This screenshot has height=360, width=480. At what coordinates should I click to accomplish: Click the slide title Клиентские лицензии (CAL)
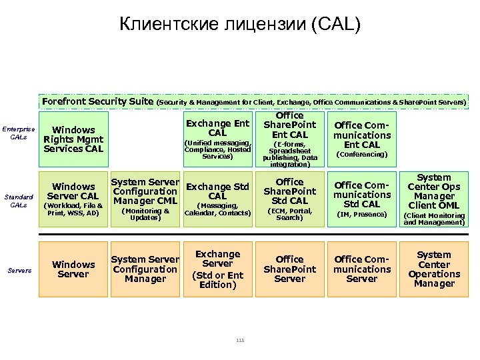[x=240, y=25]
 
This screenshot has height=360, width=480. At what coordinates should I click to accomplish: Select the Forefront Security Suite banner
[x=254, y=102]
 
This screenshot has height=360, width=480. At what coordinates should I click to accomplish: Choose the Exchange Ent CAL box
[x=217, y=139]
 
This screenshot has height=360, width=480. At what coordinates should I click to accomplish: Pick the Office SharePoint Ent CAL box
[x=289, y=139]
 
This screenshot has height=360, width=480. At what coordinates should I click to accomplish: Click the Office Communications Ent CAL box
[x=361, y=139]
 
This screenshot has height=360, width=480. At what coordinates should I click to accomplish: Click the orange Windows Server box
[x=73, y=269]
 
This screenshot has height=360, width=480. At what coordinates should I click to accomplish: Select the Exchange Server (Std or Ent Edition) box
[x=217, y=269]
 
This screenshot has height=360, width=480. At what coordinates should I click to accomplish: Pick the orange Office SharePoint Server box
[x=289, y=269]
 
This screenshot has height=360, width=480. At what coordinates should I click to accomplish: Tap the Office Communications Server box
[x=361, y=269]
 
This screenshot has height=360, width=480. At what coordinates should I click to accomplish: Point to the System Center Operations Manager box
[x=434, y=269]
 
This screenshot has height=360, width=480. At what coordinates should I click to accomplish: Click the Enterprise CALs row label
[x=18, y=133]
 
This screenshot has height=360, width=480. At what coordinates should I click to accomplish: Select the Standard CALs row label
[x=18, y=201]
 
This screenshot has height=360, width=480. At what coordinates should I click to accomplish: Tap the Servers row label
[x=19, y=270]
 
